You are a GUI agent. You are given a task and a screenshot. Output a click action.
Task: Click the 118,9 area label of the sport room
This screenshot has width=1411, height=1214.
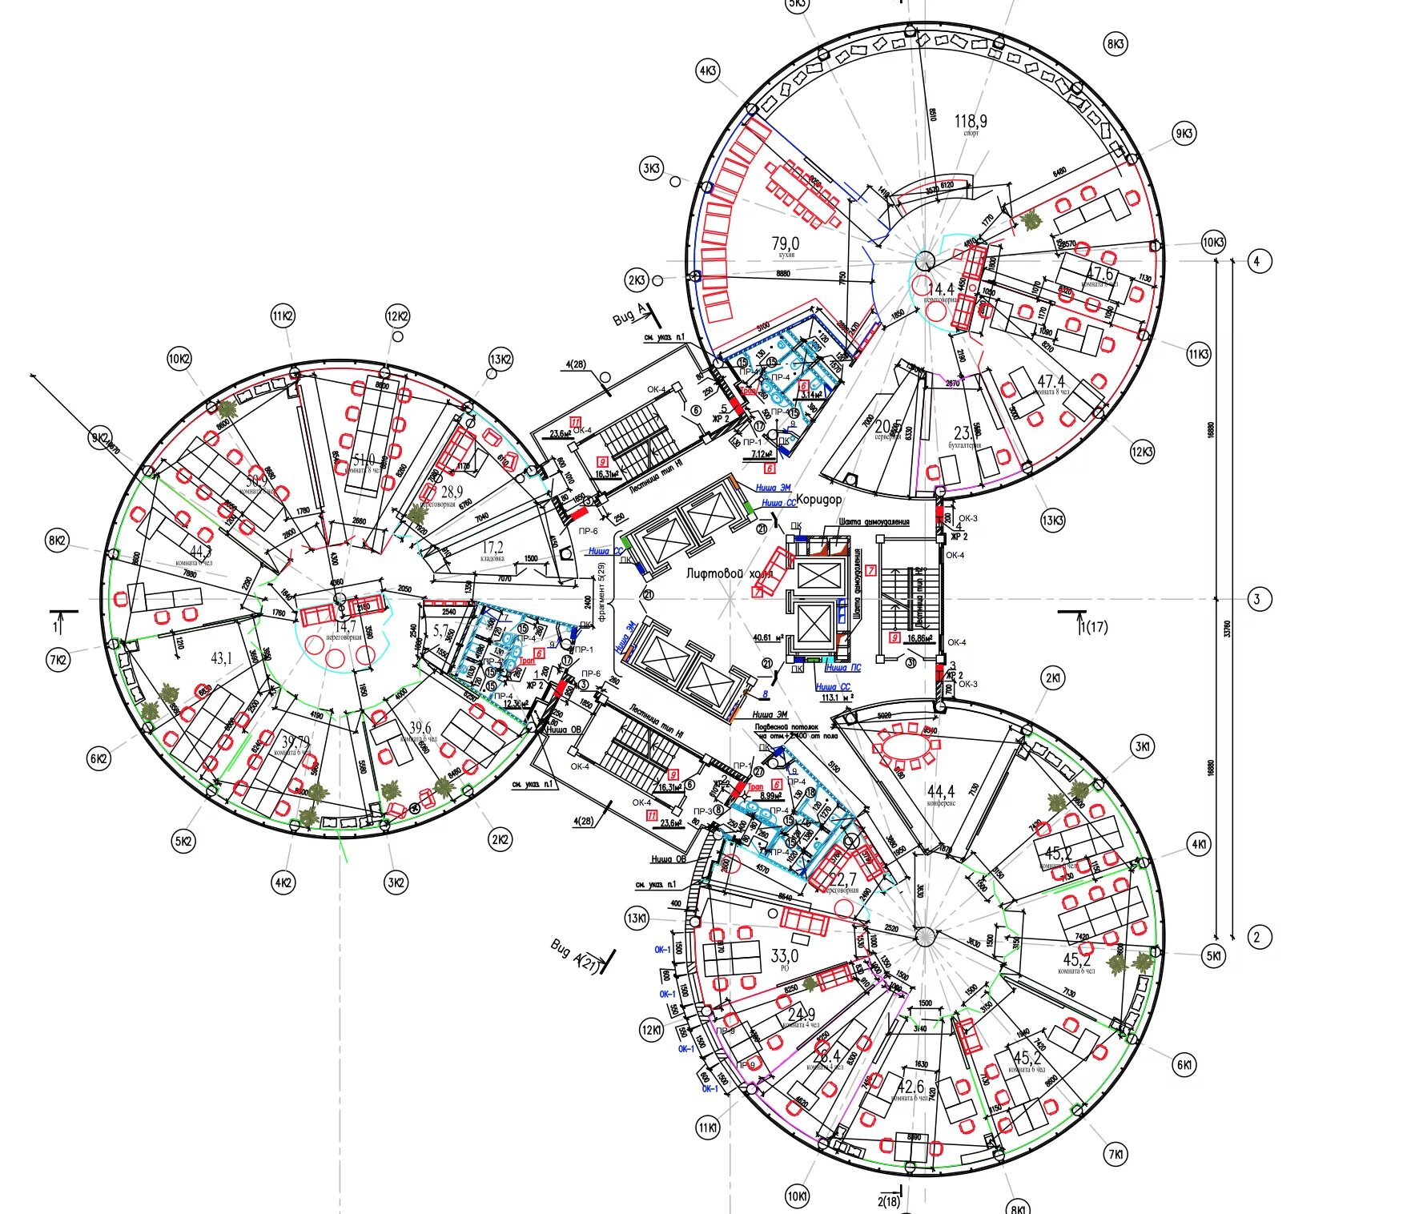[x=970, y=121]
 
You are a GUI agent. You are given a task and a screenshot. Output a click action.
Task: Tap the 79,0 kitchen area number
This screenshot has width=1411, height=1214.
[x=785, y=243]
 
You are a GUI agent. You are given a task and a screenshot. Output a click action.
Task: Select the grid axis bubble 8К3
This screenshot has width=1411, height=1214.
[x=1116, y=43]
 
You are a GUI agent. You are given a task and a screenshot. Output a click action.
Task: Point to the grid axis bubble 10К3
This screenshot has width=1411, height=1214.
[x=1213, y=242]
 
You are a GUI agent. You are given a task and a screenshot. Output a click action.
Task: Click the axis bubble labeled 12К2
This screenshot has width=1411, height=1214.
[x=397, y=316]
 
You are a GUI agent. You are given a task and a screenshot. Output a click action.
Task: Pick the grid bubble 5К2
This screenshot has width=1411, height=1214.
[x=183, y=842]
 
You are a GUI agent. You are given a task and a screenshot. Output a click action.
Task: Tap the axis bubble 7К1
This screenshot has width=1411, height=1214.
[x=1115, y=1155]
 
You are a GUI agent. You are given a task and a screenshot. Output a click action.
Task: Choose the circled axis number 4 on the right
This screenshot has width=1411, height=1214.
[x=1259, y=261]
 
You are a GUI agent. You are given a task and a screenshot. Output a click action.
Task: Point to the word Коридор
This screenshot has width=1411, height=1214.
[x=818, y=499]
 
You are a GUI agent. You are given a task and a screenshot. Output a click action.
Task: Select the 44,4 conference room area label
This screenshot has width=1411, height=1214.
[x=940, y=791]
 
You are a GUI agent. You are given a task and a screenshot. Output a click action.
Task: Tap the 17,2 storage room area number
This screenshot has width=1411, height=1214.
[x=492, y=548]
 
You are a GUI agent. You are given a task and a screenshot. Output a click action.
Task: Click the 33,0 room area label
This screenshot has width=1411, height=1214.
[x=784, y=955]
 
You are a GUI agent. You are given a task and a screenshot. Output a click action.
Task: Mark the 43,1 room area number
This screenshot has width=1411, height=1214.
[x=221, y=658]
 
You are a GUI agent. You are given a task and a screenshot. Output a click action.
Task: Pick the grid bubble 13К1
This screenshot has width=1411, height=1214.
[x=637, y=918]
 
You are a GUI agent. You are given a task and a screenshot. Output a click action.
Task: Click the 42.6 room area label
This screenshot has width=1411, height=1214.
[x=911, y=1087]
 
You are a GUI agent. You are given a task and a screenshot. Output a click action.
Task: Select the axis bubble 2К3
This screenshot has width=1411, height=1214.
[x=637, y=280]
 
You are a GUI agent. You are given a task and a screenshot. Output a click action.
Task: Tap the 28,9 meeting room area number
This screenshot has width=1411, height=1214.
[x=451, y=492]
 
